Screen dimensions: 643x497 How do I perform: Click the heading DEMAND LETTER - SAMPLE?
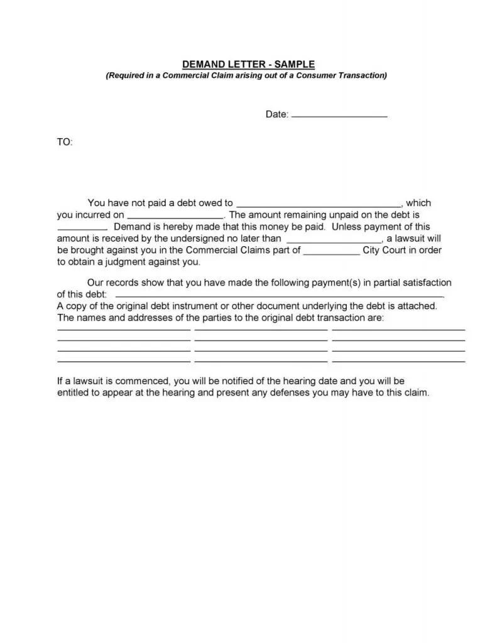[x=248, y=65]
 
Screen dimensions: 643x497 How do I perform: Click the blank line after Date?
[x=340, y=116]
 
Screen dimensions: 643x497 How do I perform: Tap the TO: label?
[x=65, y=143]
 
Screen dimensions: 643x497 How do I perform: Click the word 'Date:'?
[x=277, y=115]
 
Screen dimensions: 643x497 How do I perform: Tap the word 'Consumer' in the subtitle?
[x=313, y=76]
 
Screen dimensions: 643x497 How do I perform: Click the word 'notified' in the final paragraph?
[x=238, y=381]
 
